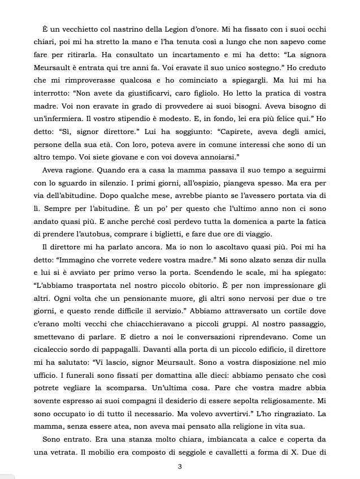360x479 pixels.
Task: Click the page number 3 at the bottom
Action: (x=180, y=467)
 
